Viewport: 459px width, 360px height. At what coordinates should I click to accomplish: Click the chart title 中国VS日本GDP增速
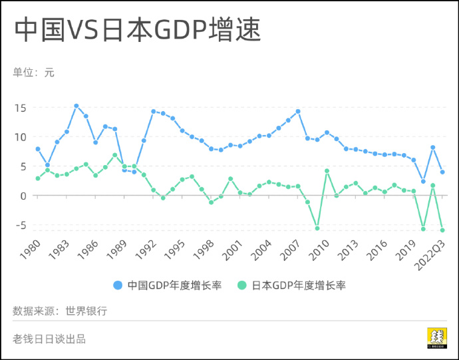point(136,30)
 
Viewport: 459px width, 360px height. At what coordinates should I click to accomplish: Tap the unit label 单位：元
point(33,73)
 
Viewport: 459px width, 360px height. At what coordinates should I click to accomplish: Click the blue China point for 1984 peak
point(76,106)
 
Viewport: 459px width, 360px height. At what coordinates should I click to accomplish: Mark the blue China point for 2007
point(298,111)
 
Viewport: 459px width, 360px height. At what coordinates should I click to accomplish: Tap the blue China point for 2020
point(423,181)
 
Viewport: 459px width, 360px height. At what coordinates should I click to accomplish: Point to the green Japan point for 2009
point(317,228)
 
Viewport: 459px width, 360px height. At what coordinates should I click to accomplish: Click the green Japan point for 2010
point(327,171)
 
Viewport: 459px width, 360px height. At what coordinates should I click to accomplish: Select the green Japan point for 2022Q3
point(442,230)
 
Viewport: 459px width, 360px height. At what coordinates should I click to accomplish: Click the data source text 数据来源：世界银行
point(60,311)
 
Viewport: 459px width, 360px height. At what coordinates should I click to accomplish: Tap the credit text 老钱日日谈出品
point(49,339)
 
